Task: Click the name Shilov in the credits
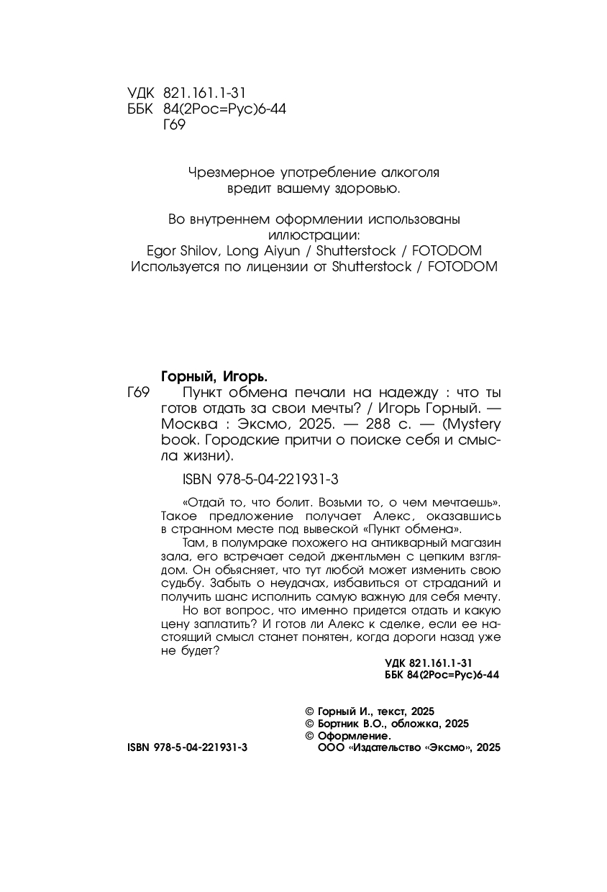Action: (x=201, y=250)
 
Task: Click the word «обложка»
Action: (x=416, y=724)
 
